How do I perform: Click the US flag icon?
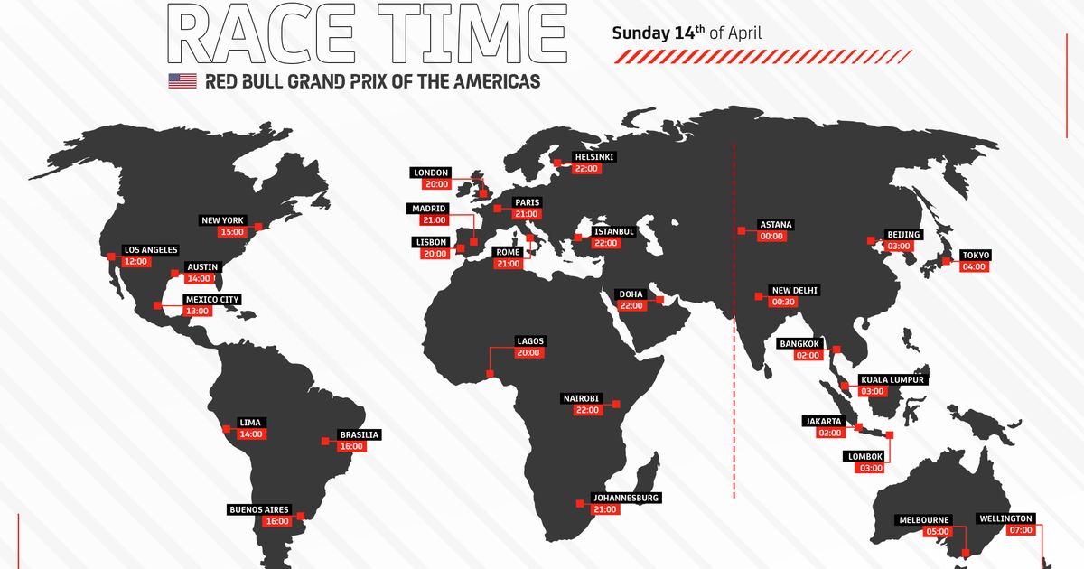[x=182, y=81]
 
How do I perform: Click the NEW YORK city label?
[x=222, y=219]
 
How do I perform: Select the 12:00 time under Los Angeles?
[x=135, y=261]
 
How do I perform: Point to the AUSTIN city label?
[x=201, y=267]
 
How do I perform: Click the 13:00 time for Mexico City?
[x=198, y=311]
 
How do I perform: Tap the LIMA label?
[x=250, y=422]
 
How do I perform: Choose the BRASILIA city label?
[x=359, y=434]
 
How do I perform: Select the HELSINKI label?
[x=593, y=156]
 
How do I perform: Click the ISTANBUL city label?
[x=614, y=231]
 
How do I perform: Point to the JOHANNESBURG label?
[x=626, y=498]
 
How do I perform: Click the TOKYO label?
[x=976, y=256]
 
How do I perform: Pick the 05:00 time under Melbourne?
[x=938, y=532]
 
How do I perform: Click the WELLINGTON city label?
[x=1005, y=519]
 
